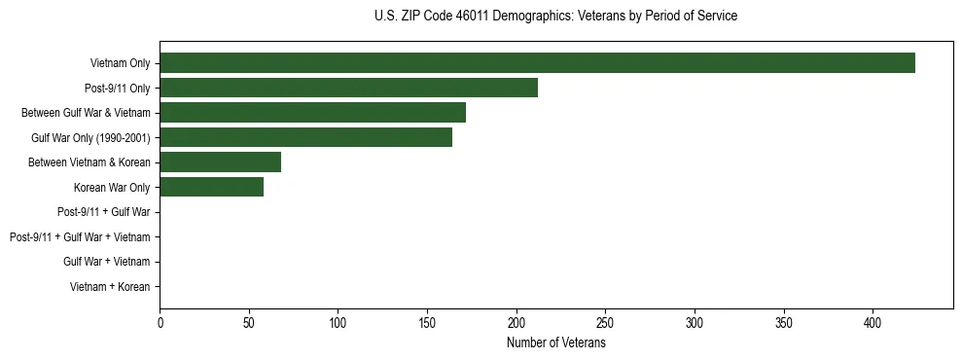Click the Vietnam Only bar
click(537, 63)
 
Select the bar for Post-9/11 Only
click(348, 88)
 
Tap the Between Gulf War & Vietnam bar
click(312, 113)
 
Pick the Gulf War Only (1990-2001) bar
click(305, 137)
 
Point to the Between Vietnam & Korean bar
click(220, 162)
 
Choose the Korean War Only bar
click(211, 187)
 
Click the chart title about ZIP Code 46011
click(555, 17)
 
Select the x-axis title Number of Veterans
click(555, 343)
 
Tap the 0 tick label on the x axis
click(160, 322)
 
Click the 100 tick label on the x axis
click(338, 322)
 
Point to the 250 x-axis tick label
click(605, 322)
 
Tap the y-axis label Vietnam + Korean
click(110, 287)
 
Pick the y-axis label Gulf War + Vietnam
click(106, 262)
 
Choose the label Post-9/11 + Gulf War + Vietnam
click(80, 237)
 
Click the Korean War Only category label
click(112, 187)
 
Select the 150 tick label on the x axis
click(427, 322)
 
